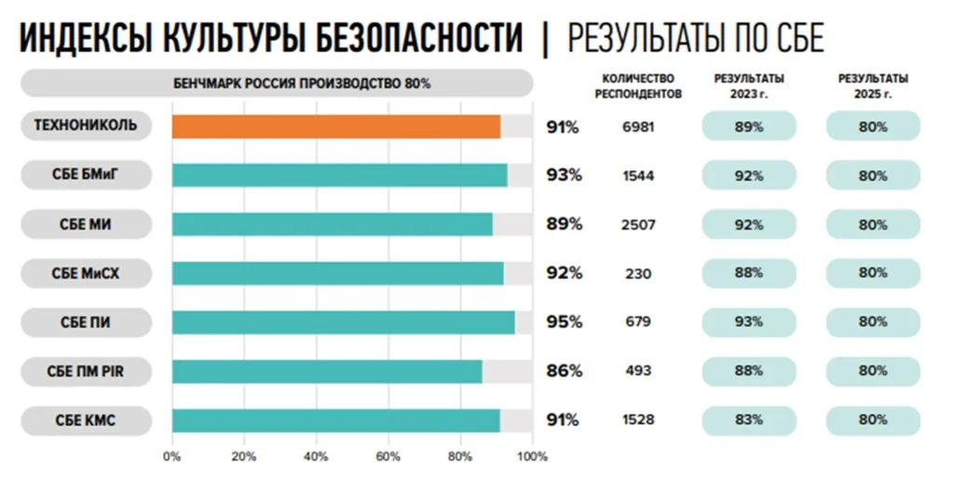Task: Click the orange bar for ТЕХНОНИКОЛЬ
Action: [335, 127]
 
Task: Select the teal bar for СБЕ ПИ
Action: [343, 323]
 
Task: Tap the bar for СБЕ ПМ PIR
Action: [326, 371]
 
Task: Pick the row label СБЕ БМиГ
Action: [85, 174]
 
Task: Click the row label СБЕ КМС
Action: [85, 421]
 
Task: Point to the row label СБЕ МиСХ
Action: [85, 273]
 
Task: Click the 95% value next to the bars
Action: [564, 323]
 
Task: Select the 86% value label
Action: [564, 371]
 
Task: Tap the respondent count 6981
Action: [638, 127]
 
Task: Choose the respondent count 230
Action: [638, 273]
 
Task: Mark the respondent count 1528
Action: [638, 421]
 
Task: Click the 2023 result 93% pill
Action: [748, 322]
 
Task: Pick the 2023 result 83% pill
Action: [748, 420]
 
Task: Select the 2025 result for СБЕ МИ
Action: [873, 224]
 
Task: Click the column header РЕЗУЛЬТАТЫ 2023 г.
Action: [748, 86]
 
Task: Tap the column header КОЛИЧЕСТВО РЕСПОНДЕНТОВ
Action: [638, 86]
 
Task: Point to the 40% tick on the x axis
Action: [316, 457]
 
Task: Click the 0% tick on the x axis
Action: [171, 457]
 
